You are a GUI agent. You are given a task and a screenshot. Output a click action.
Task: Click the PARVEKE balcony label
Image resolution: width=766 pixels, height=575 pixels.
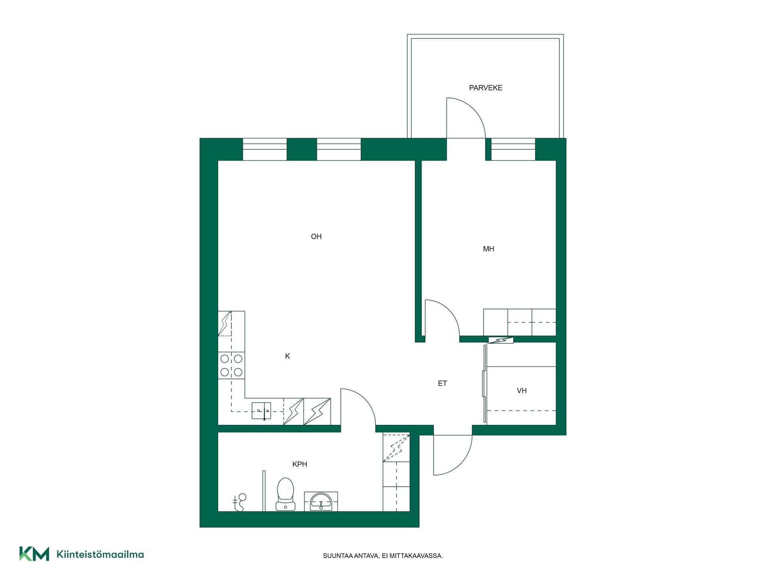[x=486, y=88]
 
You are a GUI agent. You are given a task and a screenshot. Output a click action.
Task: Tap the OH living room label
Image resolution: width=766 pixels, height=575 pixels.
[x=316, y=237]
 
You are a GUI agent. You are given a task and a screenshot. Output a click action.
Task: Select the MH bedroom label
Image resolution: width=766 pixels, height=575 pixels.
[x=488, y=249]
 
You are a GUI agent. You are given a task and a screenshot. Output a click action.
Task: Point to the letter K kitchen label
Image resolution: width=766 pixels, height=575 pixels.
[x=287, y=356]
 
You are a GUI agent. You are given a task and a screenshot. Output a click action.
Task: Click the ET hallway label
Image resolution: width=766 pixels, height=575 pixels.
[x=442, y=383]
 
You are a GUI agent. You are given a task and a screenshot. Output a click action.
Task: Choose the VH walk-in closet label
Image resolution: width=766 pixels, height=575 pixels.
[x=521, y=391]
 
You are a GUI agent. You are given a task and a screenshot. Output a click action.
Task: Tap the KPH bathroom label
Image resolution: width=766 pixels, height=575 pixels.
[x=300, y=464]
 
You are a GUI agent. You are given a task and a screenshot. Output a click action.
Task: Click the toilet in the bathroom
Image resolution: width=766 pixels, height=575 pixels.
[x=285, y=494]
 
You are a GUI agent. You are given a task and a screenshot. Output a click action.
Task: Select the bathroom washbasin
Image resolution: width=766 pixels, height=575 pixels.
[x=321, y=502]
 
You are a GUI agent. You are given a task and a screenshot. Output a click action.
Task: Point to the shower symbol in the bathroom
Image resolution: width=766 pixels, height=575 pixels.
[x=239, y=503]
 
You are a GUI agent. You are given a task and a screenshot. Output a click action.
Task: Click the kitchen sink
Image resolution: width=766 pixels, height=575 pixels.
[x=261, y=411]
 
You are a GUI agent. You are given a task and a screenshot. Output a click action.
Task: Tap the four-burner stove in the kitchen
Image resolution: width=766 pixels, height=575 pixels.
[x=231, y=365]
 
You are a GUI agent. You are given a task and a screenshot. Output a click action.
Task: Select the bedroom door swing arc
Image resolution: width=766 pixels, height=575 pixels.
[x=449, y=310]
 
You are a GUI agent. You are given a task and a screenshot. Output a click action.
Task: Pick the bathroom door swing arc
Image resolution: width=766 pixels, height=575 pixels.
[x=365, y=399]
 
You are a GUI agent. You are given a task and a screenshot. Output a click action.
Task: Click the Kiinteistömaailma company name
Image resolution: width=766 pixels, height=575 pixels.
[x=100, y=554]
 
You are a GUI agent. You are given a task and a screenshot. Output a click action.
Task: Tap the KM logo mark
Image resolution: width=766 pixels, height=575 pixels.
[x=34, y=554]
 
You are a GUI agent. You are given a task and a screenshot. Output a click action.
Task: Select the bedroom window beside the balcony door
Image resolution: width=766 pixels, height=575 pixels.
[x=513, y=149]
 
